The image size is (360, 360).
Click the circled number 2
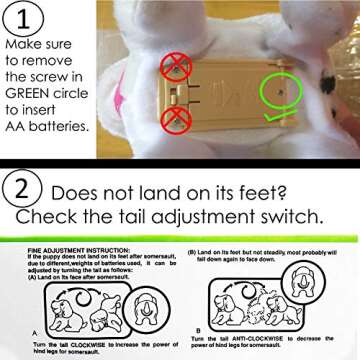pos(22,188)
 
